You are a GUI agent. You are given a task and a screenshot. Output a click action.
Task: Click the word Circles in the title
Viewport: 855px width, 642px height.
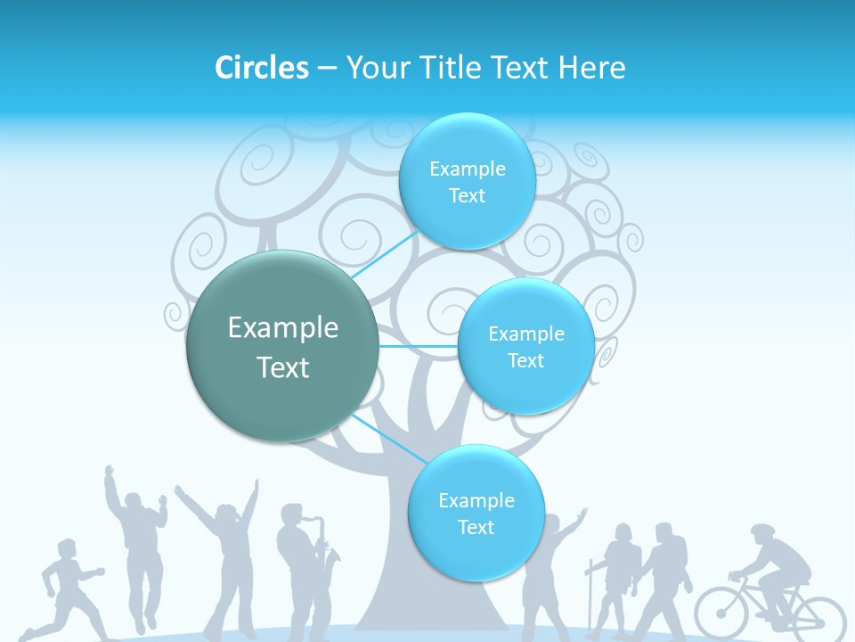261,68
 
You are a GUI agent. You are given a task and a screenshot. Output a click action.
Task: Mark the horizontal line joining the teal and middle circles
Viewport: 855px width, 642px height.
419,346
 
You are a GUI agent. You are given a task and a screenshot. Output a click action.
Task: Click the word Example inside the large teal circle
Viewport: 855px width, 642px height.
282,328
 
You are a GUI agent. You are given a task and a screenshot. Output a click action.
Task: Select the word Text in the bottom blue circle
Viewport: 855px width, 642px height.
476,527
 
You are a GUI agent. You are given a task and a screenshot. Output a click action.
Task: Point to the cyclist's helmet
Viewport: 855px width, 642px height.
762,531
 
